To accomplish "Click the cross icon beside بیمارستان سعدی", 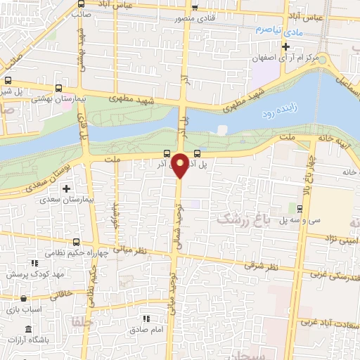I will [x=67, y=188].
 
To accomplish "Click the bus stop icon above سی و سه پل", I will [x=300, y=208].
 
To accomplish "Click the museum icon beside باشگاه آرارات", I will [x=28, y=329].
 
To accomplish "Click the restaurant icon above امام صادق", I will [x=146, y=319].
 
